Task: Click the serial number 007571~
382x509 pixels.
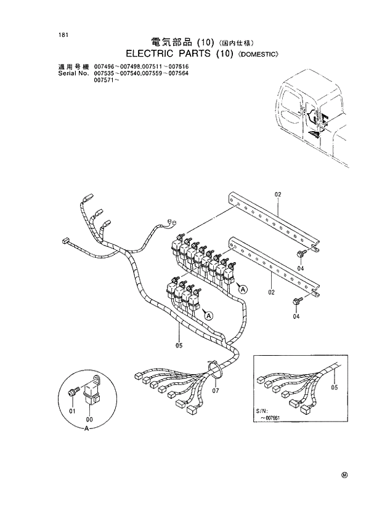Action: pos(106,80)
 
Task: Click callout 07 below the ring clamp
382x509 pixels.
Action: pos(216,390)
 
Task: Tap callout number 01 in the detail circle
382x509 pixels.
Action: pos(71,411)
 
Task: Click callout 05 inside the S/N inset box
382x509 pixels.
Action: pos(335,388)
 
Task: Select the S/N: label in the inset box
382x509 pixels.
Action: pos(262,410)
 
